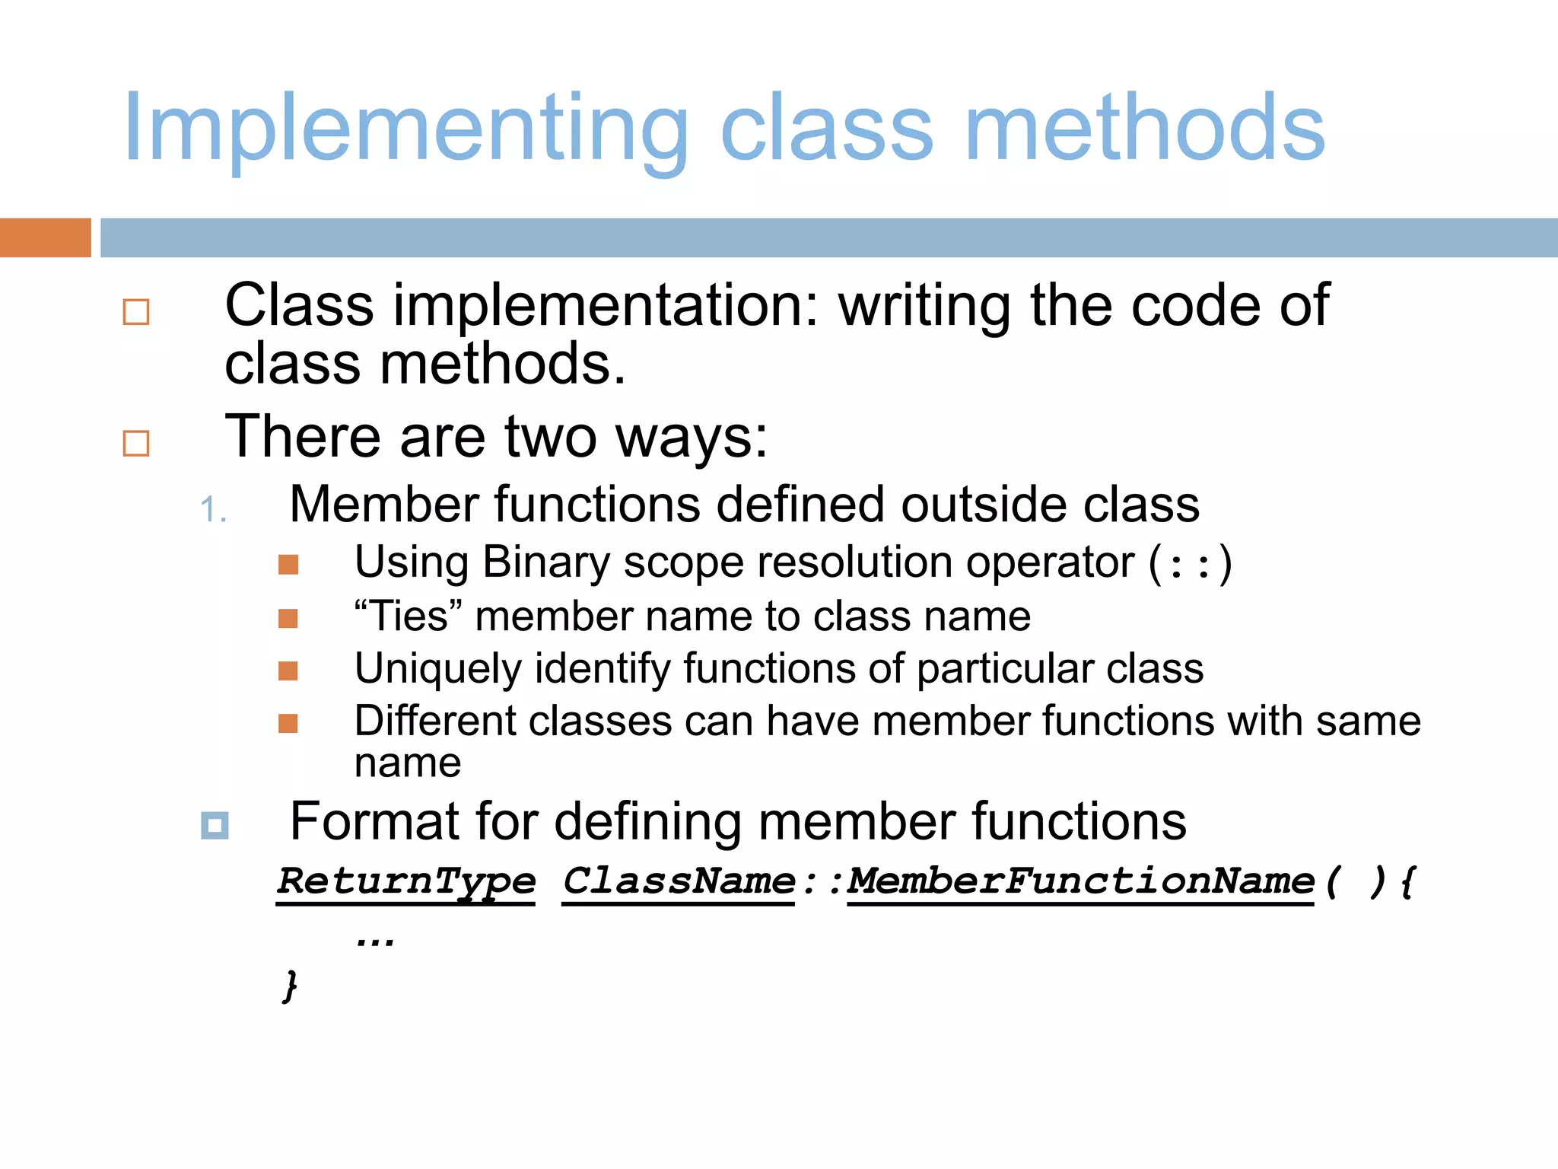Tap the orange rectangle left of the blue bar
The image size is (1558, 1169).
[x=45, y=237]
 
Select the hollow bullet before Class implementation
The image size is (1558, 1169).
[x=136, y=312]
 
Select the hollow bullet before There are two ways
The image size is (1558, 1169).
[x=136, y=443]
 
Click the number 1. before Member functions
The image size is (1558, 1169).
[x=212, y=509]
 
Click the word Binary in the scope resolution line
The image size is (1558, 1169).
[x=545, y=563]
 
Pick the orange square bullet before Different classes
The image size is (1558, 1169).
[x=288, y=723]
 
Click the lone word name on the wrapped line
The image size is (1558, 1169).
[x=408, y=763]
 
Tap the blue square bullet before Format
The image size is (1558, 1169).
[x=215, y=825]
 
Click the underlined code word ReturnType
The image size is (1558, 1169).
[x=406, y=881]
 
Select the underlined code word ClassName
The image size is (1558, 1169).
[x=679, y=881]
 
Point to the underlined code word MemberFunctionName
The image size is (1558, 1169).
[x=1080, y=881]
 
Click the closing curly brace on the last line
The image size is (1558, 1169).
[x=290, y=986]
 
